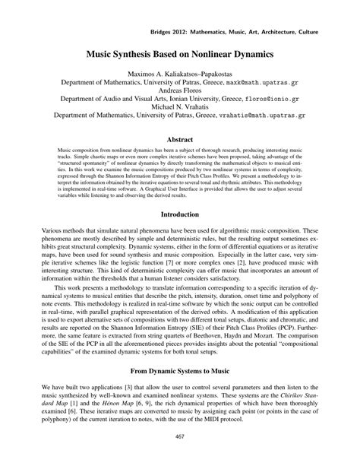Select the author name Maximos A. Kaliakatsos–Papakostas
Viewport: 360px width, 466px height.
pos(180,73)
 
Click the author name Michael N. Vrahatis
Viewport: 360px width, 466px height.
pos(180,107)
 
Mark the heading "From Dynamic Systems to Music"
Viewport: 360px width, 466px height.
pos(180,373)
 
